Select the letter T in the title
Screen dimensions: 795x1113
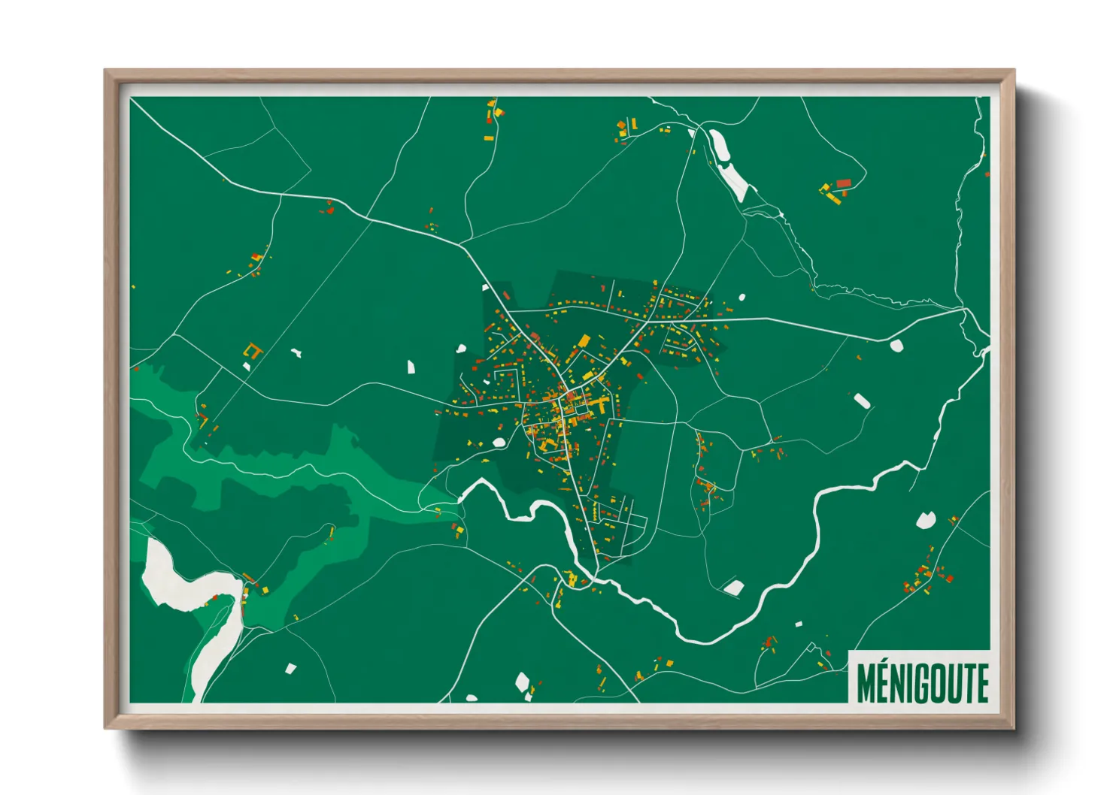[x=970, y=682]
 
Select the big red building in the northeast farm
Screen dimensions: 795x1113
[x=843, y=183]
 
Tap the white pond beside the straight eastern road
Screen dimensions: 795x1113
[x=896, y=345]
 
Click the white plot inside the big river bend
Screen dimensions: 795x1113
[x=732, y=587]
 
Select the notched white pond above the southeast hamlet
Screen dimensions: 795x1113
[x=925, y=519]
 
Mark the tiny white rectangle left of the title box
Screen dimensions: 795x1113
[x=799, y=623]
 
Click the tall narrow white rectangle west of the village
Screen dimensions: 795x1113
[x=411, y=367]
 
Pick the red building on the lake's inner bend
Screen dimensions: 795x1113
[x=214, y=597]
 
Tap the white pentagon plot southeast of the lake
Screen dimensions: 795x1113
[x=290, y=668]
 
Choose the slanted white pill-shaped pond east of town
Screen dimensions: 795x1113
[x=862, y=401]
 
